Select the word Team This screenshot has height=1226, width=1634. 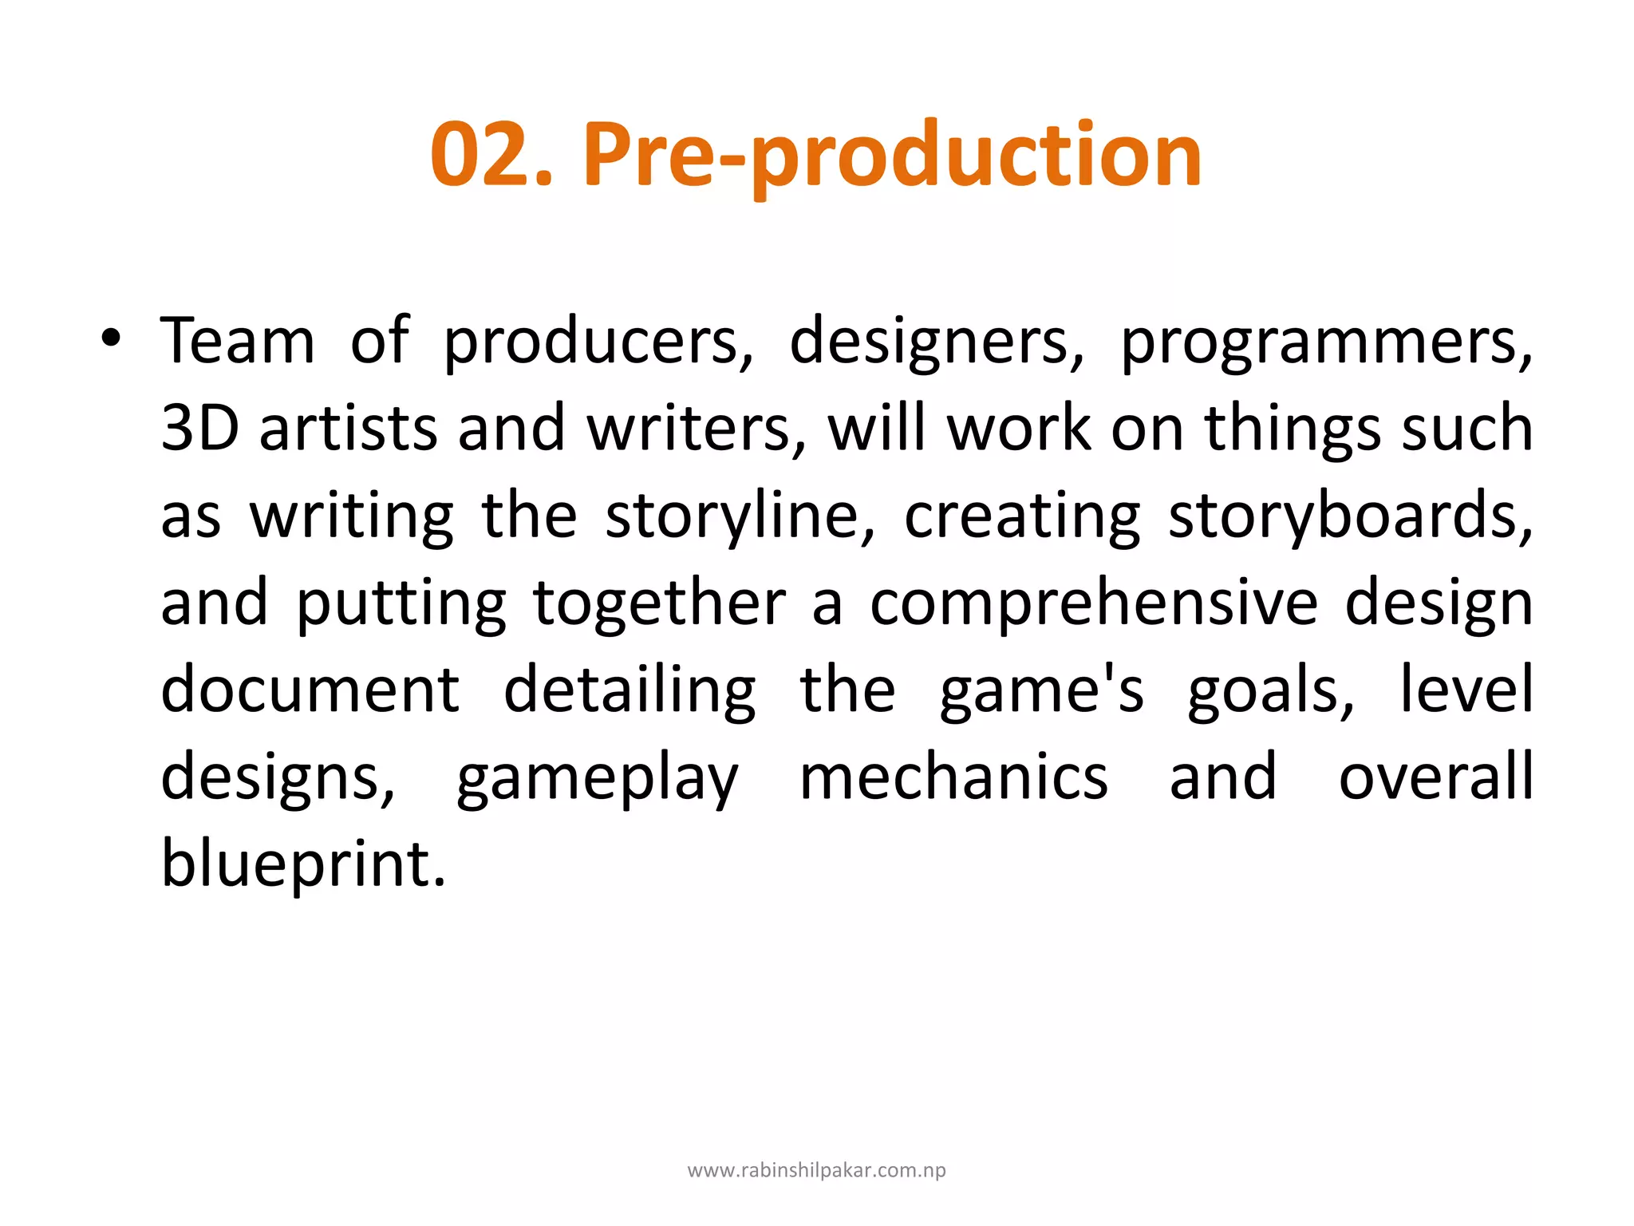[x=238, y=341]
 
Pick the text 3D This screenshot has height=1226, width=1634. [x=199, y=428]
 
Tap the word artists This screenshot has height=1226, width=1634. [x=348, y=428]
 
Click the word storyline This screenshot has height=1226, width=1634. [x=740, y=517]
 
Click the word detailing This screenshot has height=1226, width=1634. [x=630, y=691]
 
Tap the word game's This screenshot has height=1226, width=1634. [x=1042, y=691]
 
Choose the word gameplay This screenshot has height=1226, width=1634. [x=598, y=779]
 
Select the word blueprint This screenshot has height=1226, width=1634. [x=303, y=864]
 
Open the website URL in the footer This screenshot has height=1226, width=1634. [x=816, y=1170]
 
